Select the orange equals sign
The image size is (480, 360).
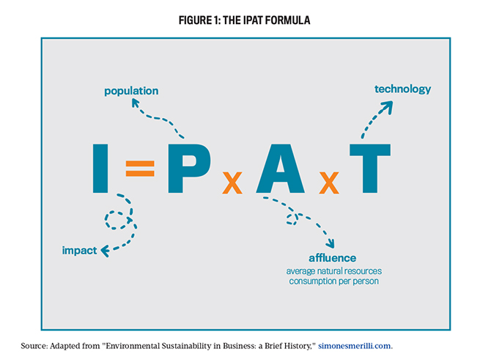pyautogui.click(x=139, y=169)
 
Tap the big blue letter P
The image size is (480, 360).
pyautogui.click(x=187, y=169)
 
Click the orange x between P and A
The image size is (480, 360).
pyautogui.click(x=232, y=183)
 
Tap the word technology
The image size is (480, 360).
pyautogui.click(x=402, y=89)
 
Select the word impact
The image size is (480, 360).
pyautogui.click(x=79, y=250)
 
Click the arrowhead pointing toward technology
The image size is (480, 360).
pyautogui.click(x=387, y=105)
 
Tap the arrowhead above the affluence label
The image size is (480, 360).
pyautogui.click(x=331, y=244)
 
